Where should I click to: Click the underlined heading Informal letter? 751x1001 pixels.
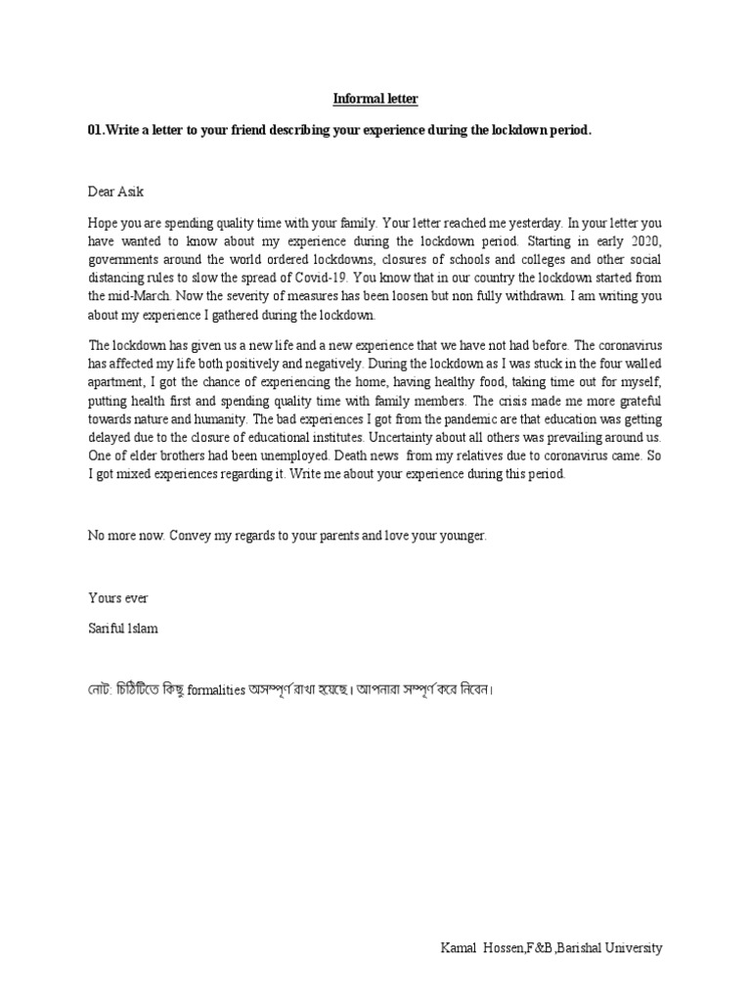pyautogui.click(x=375, y=100)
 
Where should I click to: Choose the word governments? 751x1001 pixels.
pyautogui.click(x=121, y=259)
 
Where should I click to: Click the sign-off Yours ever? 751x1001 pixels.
pyautogui.click(x=118, y=597)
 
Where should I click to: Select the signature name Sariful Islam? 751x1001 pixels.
pyautogui.click(x=123, y=629)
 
